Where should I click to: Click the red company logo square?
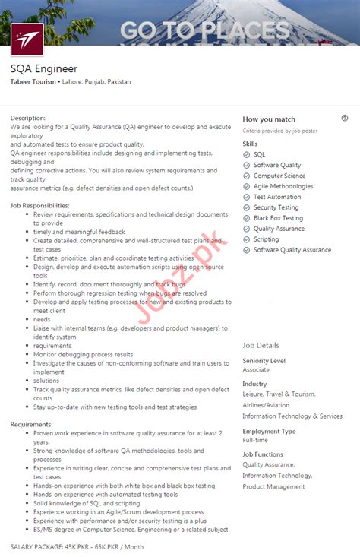[27, 39]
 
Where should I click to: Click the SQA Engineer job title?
[44, 68]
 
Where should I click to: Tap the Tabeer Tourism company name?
[33, 81]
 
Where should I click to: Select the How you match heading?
[269, 119]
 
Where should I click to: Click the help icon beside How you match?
[345, 119]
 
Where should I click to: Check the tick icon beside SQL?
[246, 154]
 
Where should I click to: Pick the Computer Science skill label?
[279, 176]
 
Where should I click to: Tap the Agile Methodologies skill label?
[283, 186]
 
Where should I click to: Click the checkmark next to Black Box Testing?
[246, 218]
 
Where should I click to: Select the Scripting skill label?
[266, 239]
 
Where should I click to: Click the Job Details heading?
[261, 345]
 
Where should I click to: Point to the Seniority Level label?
[264, 360]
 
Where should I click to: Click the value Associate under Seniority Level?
[256, 369]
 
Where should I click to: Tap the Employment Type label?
[269, 431]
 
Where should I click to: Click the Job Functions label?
[263, 454]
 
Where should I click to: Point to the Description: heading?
[28, 118]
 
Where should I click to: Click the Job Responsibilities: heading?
[39, 205]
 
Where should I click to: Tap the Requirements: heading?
[31, 423]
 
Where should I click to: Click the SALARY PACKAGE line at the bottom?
[77, 546]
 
